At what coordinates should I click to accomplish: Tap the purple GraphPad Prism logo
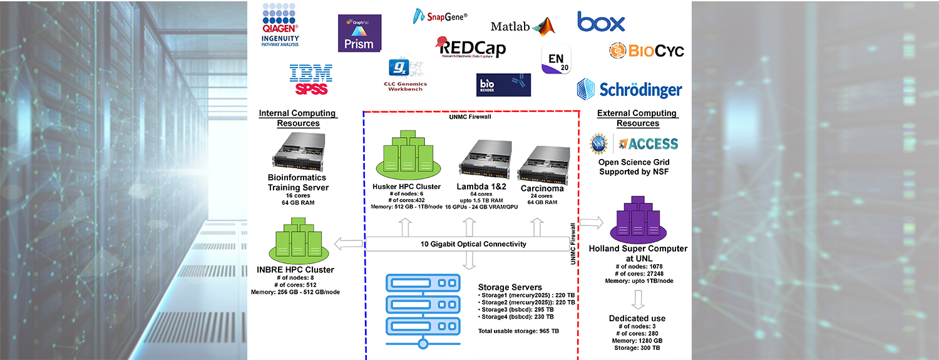[x=359, y=33]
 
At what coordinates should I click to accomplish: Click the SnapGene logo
[x=441, y=16]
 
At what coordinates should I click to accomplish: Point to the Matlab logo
[x=523, y=26]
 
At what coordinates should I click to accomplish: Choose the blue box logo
[x=601, y=22]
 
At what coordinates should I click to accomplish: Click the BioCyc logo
[x=647, y=51]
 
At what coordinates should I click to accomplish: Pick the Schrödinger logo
[x=629, y=89]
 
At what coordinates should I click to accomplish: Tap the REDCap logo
[x=472, y=48]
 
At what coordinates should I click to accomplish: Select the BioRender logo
[x=503, y=85]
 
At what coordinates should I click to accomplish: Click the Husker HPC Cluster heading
[x=407, y=187]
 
